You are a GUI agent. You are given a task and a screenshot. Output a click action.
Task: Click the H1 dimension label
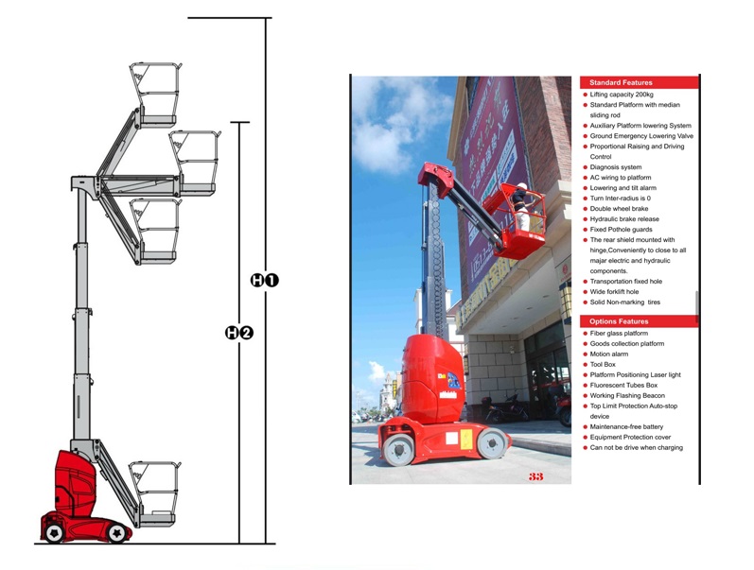click(265, 280)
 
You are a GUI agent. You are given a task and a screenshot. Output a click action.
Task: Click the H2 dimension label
click(239, 333)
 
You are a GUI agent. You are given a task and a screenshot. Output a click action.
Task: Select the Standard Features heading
click(621, 83)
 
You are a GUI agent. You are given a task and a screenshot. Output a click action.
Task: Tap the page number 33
click(536, 476)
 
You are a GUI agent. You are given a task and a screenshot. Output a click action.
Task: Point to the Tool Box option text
click(603, 364)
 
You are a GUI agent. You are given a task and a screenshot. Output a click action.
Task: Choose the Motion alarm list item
click(608, 354)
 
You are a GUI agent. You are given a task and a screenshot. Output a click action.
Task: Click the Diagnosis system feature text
click(615, 167)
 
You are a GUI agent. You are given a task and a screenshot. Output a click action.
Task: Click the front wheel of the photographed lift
click(492, 442)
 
